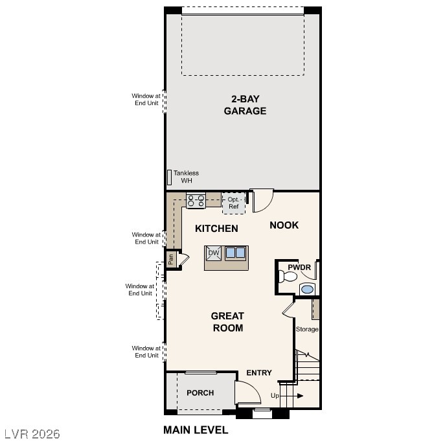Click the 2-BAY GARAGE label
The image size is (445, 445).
click(245, 105)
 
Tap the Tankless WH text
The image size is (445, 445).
click(187, 176)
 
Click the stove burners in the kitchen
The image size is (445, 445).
click(196, 201)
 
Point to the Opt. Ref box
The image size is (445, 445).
click(234, 203)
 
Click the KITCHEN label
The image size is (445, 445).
click(216, 229)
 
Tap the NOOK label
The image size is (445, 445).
click(284, 225)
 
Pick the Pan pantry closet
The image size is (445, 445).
click(171, 258)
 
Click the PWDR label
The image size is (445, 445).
click(299, 267)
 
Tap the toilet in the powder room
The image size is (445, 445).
click(285, 277)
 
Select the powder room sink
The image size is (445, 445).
click(308, 289)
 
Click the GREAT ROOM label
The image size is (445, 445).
click(227, 322)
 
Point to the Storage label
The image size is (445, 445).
click(307, 329)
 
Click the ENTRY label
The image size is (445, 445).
click(259, 372)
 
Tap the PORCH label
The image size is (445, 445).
click(200, 393)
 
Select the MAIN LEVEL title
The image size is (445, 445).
click(196, 429)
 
